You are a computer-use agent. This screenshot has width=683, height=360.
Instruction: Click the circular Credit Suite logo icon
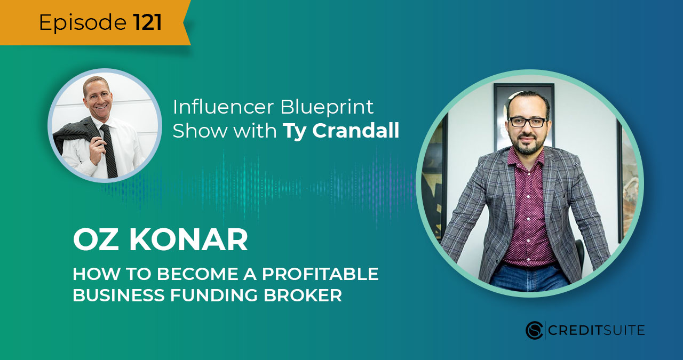[534, 330]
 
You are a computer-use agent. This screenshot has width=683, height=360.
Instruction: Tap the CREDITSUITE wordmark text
[597, 331]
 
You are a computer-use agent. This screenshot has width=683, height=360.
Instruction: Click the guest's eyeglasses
[527, 122]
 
